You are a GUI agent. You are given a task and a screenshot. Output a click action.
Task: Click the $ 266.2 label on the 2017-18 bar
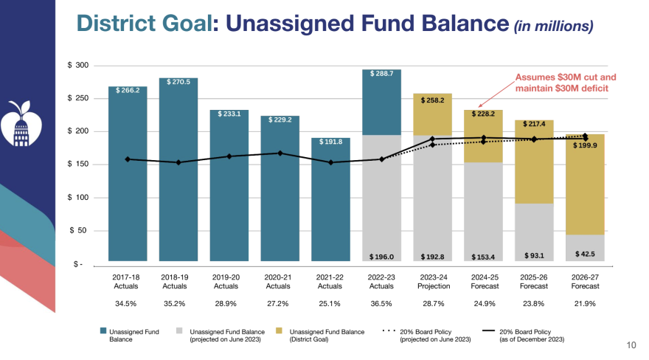pos(128,93)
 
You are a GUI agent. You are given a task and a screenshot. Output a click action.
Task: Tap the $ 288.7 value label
pos(381,75)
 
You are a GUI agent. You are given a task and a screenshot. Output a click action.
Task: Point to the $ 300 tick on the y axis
pos(78,66)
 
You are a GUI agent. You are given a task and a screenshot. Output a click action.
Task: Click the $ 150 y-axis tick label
pos(78,165)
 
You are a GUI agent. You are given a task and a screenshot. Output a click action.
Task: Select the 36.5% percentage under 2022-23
pos(381,303)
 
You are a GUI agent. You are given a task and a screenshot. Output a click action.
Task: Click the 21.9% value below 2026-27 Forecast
pos(584,303)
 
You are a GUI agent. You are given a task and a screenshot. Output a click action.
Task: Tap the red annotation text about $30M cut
pos(565,83)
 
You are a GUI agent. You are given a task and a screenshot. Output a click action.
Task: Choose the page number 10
pos(631,345)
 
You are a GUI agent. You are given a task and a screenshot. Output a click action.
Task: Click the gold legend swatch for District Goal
pos(280,332)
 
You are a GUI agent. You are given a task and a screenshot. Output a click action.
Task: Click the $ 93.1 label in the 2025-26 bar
pos(533,255)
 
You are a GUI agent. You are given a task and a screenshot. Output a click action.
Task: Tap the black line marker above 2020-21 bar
pos(280,153)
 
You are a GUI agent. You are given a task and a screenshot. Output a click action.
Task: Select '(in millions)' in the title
pos(553,26)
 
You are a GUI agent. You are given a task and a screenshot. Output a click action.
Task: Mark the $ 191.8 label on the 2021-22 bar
pos(330,142)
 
